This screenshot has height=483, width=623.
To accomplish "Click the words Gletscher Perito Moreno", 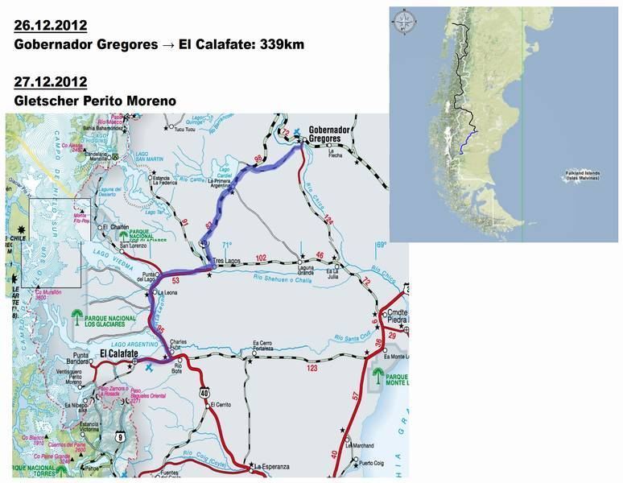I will [x=96, y=101].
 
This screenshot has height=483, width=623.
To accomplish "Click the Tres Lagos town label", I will [x=229, y=262].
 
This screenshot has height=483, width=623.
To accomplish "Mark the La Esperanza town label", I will [x=271, y=465].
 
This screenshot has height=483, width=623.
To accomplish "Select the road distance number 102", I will [x=259, y=258].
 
